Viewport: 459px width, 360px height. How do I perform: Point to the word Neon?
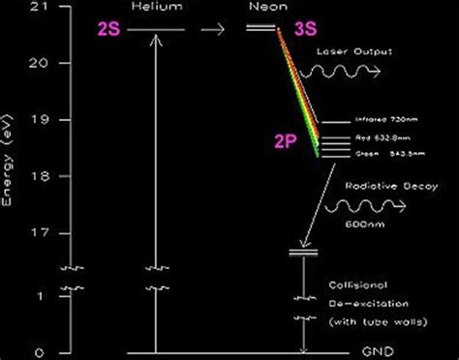(x=260, y=8)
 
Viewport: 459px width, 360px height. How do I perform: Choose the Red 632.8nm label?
(x=382, y=137)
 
